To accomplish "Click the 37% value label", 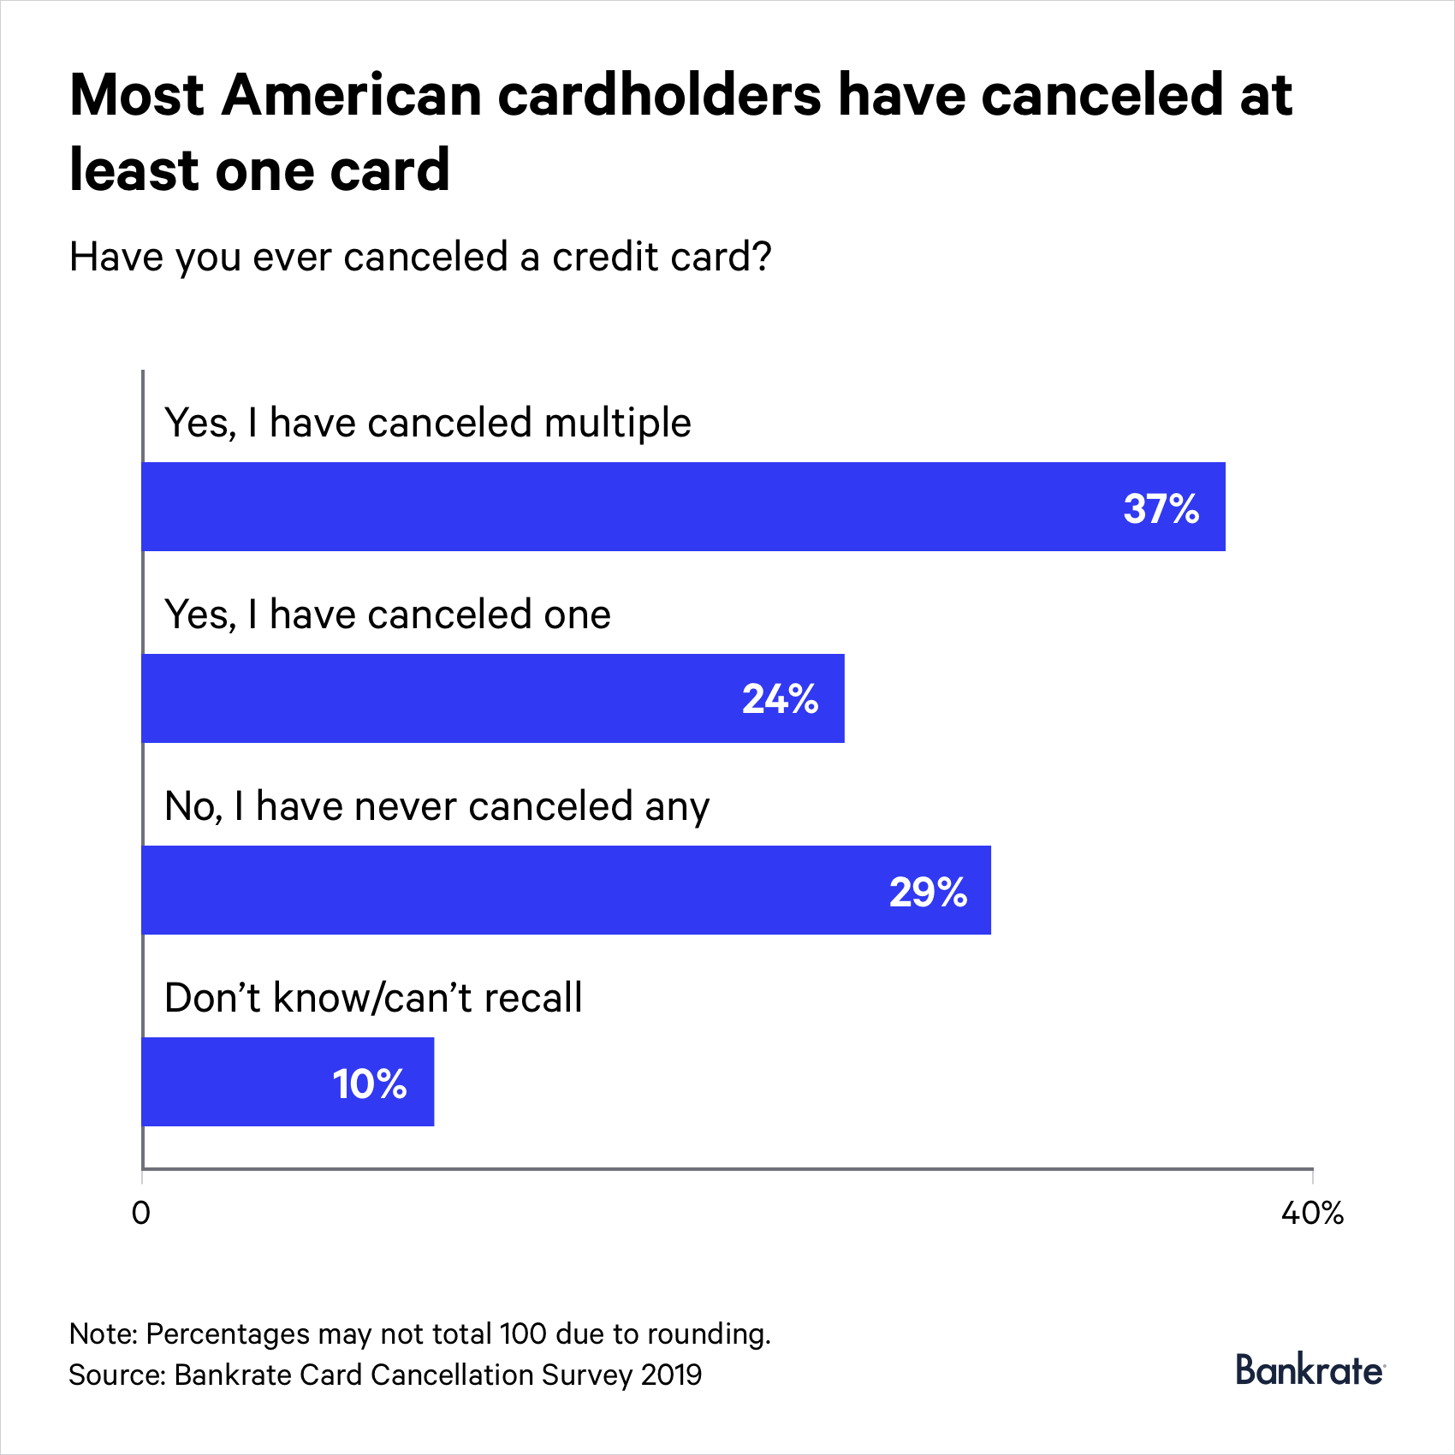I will point(1161,508).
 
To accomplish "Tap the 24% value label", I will point(780,699).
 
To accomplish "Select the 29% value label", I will point(928,892).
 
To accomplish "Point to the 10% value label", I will point(369,1084).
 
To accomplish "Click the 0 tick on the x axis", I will point(141,1212).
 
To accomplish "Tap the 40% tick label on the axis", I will point(1311,1212).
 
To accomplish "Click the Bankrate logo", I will point(1309,1370).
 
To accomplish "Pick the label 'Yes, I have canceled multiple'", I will point(427,423).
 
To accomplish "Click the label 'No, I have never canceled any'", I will point(436,806).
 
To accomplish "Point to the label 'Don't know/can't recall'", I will point(373,998).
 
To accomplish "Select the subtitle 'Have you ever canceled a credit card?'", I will point(420,257).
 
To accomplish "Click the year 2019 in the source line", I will point(671,1375).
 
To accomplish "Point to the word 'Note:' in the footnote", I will point(103,1333).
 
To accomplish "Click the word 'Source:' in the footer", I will point(117,1375).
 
